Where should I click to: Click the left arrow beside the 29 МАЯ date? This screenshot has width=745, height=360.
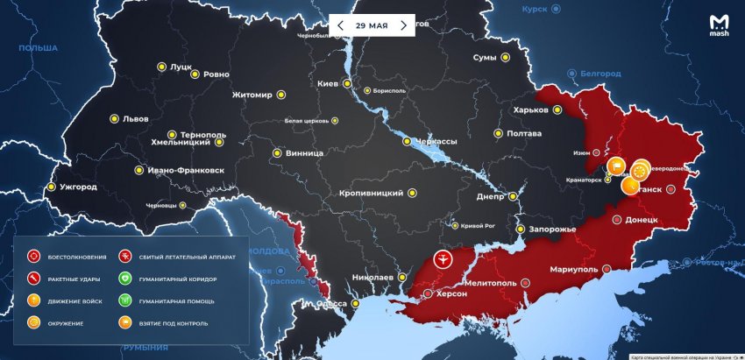(x=340, y=25)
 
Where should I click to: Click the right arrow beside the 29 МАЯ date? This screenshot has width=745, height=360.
(x=403, y=25)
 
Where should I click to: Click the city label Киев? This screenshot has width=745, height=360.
(x=327, y=84)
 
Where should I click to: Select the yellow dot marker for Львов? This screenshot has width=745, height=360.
(x=114, y=118)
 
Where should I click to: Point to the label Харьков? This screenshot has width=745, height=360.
(x=531, y=110)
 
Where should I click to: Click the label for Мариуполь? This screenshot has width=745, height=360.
(x=574, y=269)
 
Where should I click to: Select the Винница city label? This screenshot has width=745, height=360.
(x=304, y=153)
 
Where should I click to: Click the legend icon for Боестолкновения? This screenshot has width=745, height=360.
(x=34, y=257)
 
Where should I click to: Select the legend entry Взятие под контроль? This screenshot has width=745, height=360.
(x=174, y=323)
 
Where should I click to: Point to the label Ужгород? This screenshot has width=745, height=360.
(x=78, y=187)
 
